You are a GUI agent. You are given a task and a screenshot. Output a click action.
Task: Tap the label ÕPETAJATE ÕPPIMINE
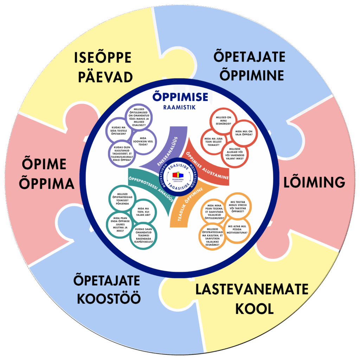[x=249, y=66]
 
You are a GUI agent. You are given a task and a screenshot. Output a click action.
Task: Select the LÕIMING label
[x=314, y=182]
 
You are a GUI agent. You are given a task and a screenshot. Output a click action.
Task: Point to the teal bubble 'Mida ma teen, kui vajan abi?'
[x=142, y=211]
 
